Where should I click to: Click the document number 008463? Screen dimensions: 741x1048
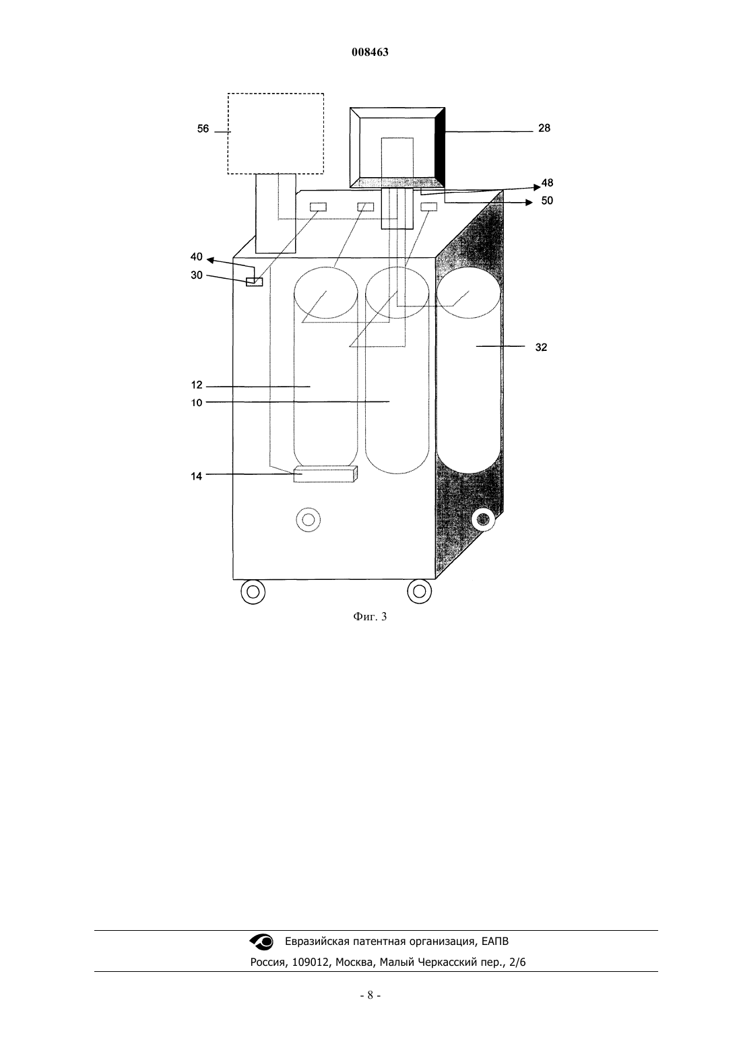point(370,52)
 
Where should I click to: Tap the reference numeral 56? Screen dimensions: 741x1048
point(203,129)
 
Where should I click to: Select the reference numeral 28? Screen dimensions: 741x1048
point(544,128)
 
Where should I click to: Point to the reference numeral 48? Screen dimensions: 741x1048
point(547,183)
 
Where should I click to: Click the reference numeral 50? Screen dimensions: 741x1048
point(547,201)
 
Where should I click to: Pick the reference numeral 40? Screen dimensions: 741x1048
point(197,257)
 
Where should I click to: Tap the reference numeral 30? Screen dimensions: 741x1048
point(197,275)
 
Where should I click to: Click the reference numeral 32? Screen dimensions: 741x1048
point(541,347)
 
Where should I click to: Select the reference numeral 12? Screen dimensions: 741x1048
point(197,385)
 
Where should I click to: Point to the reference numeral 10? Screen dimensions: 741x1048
point(197,403)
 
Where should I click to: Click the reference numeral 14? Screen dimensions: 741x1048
point(197,476)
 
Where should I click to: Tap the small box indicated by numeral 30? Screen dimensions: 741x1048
point(255,282)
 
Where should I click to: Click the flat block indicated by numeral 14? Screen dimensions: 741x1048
point(325,474)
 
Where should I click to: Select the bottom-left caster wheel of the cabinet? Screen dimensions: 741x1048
point(253,592)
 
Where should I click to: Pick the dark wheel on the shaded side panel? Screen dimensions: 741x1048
point(483,519)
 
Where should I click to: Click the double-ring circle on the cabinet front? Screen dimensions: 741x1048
point(309,520)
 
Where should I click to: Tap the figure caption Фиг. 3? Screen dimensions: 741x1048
point(370,617)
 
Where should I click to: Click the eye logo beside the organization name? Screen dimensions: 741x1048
point(261,942)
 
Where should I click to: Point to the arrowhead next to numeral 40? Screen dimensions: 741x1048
point(210,260)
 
